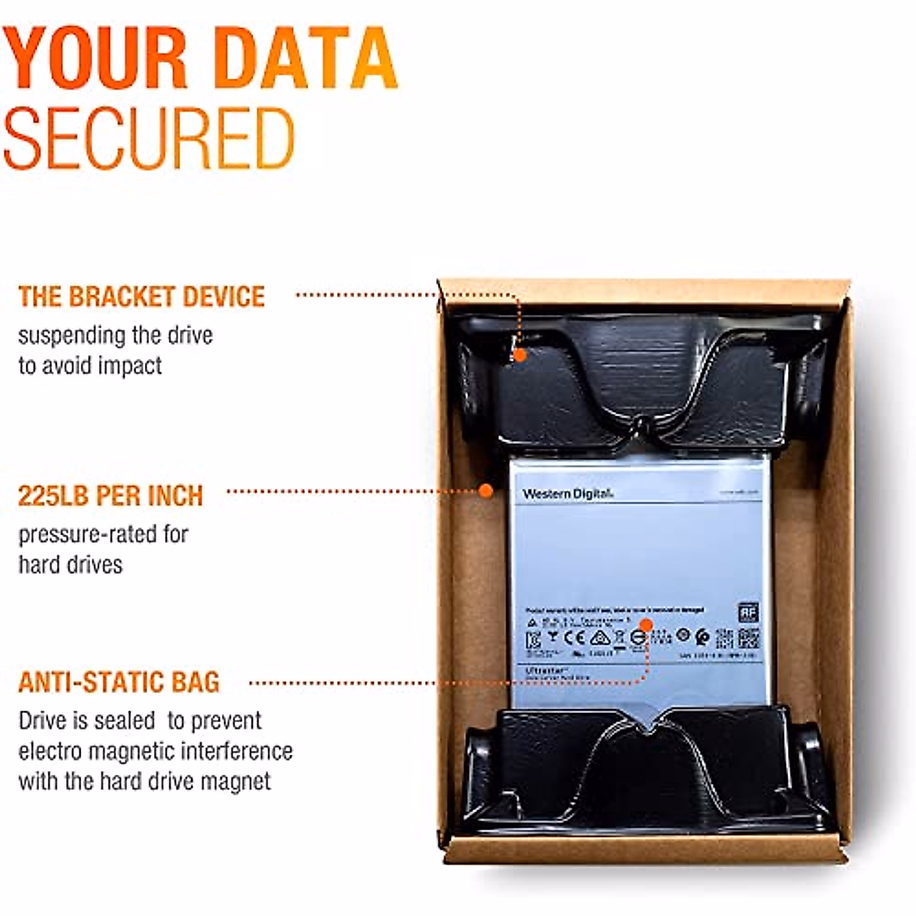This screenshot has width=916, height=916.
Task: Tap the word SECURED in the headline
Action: coord(149,138)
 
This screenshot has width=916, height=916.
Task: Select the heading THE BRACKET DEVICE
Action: coord(141,297)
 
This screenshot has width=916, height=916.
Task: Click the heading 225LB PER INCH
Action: coord(111,495)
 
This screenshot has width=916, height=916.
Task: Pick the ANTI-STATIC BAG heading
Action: coord(119,682)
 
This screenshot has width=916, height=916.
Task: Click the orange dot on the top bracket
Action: coord(519,354)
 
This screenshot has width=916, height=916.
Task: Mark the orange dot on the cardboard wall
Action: coord(485,491)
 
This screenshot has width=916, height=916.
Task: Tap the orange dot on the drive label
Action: coord(645,625)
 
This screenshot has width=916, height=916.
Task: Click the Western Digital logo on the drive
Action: coord(569,494)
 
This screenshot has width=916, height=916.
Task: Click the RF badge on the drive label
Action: coord(747,612)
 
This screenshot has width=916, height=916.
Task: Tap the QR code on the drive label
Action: coord(747,638)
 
